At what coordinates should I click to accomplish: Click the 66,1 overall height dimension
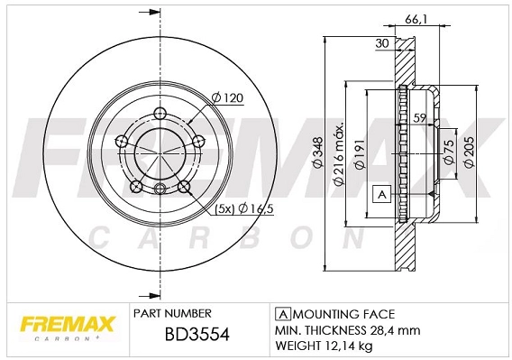pyautogui.click(x=438, y=19)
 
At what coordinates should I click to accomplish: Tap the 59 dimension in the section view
pyautogui.click(x=419, y=116)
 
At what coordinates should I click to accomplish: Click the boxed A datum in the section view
pyautogui.click(x=379, y=194)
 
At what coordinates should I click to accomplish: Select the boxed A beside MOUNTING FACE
pyautogui.click(x=281, y=314)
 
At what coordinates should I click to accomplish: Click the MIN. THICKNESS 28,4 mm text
pyautogui.click(x=338, y=330)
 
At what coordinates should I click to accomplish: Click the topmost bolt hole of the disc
pyautogui.click(x=160, y=114)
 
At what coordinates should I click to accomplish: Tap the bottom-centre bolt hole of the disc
pyautogui.click(x=160, y=189)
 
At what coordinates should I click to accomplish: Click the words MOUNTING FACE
pyautogui.click(x=342, y=314)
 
